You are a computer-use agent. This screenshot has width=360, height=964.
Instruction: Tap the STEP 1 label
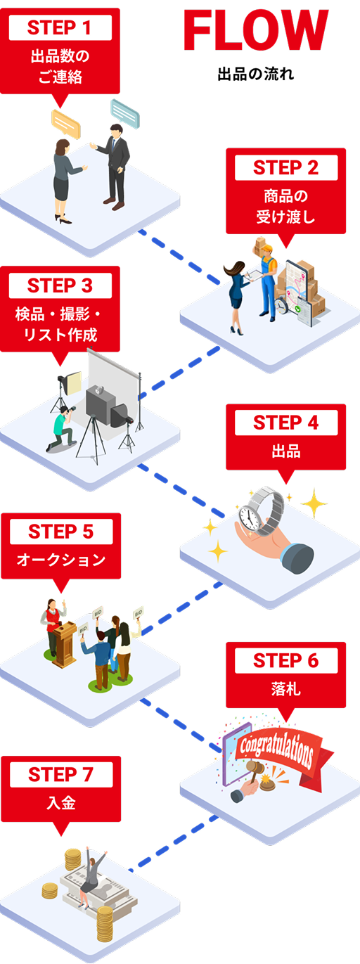coord(60,28)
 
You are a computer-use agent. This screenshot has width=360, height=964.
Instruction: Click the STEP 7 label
coord(60,775)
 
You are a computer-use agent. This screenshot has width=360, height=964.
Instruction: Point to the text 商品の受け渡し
coord(285,206)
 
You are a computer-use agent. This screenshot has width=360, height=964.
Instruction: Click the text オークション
coord(60,560)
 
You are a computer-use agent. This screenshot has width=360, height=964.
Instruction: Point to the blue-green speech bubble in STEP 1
coord(124,113)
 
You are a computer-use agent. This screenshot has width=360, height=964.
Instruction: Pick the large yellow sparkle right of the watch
coord(314,504)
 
